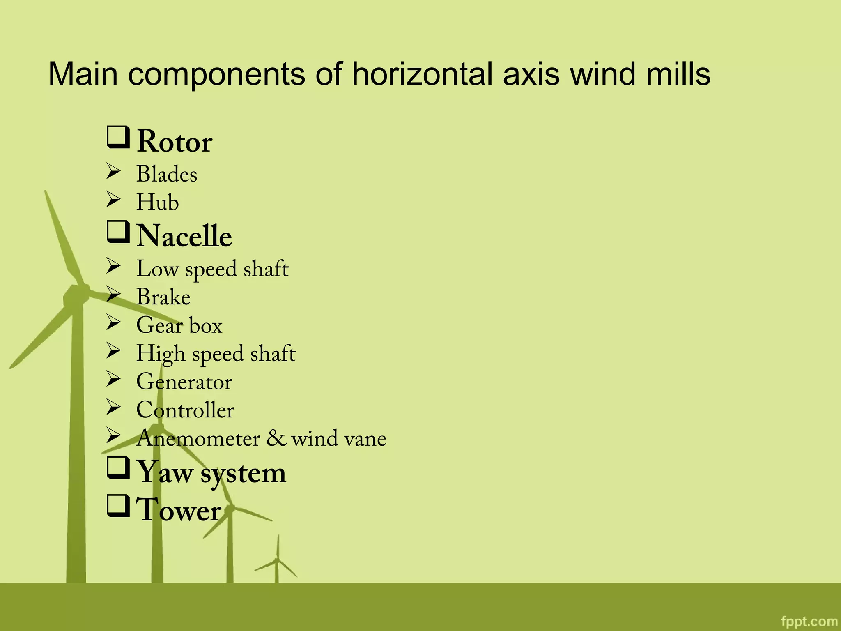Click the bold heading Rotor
click(174, 141)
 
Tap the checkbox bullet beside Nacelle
click(118, 233)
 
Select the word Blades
click(167, 174)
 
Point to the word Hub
click(158, 202)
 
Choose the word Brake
click(163, 297)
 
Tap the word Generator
click(184, 382)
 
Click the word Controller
click(185, 410)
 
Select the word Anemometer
click(198, 438)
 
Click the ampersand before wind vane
click(276, 438)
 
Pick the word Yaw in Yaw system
click(164, 472)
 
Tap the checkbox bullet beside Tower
click(118, 506)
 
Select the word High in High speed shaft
click(161, 354)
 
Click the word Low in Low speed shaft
click(157, 269)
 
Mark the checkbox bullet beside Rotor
click(118, 137)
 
